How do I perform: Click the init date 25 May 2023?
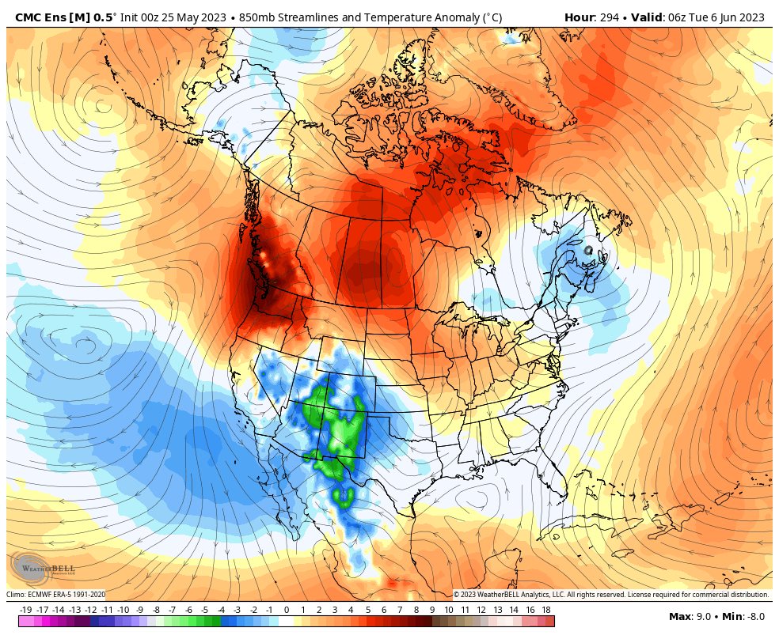click(194, 17)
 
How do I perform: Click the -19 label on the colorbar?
click(25, 610)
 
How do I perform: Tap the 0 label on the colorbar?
click(286, 610)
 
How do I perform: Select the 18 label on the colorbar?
click(546, 610)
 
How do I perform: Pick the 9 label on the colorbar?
click(432, 610)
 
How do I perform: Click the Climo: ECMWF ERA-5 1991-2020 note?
click(55, 595)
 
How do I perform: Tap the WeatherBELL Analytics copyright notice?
click(610, 595)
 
